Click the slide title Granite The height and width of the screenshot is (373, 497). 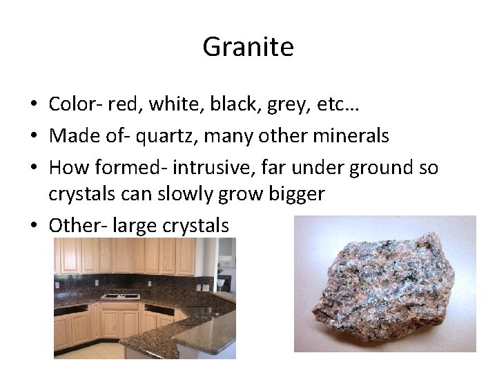pyautogui.click(x=248, y=47)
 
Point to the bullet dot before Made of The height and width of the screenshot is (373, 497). pyautogui.click(x=33, y=136)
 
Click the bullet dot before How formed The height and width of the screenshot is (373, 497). pyautogui.click(x=33, y=168)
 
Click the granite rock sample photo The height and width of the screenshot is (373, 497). pyautogui.click(x=384, y=285)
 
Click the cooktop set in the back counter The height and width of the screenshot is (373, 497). pyautogui.click(x=120, y=296)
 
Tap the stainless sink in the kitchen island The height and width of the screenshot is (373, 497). pyautogui.click(x=200, y=312)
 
